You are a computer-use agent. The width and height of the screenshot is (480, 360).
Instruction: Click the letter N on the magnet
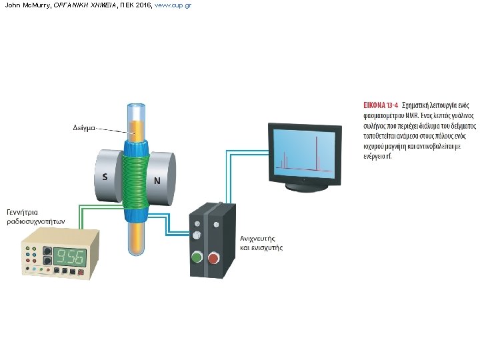pyautogui.click(x=157, y=181)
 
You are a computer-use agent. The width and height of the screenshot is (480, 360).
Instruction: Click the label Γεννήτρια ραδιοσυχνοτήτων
pyautogui.click(x=34, y=217)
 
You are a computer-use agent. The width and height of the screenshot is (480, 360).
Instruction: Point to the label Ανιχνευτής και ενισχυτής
pyautogui.click(x=261, y=242)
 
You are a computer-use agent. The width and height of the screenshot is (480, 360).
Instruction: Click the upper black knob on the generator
pyautogui.click(x=47, y=252)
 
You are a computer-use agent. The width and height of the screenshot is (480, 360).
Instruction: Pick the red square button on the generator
pyautogui.click(x=81, y=272)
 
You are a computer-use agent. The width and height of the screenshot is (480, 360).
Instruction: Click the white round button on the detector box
pyautogui.click(x=196, y=236)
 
